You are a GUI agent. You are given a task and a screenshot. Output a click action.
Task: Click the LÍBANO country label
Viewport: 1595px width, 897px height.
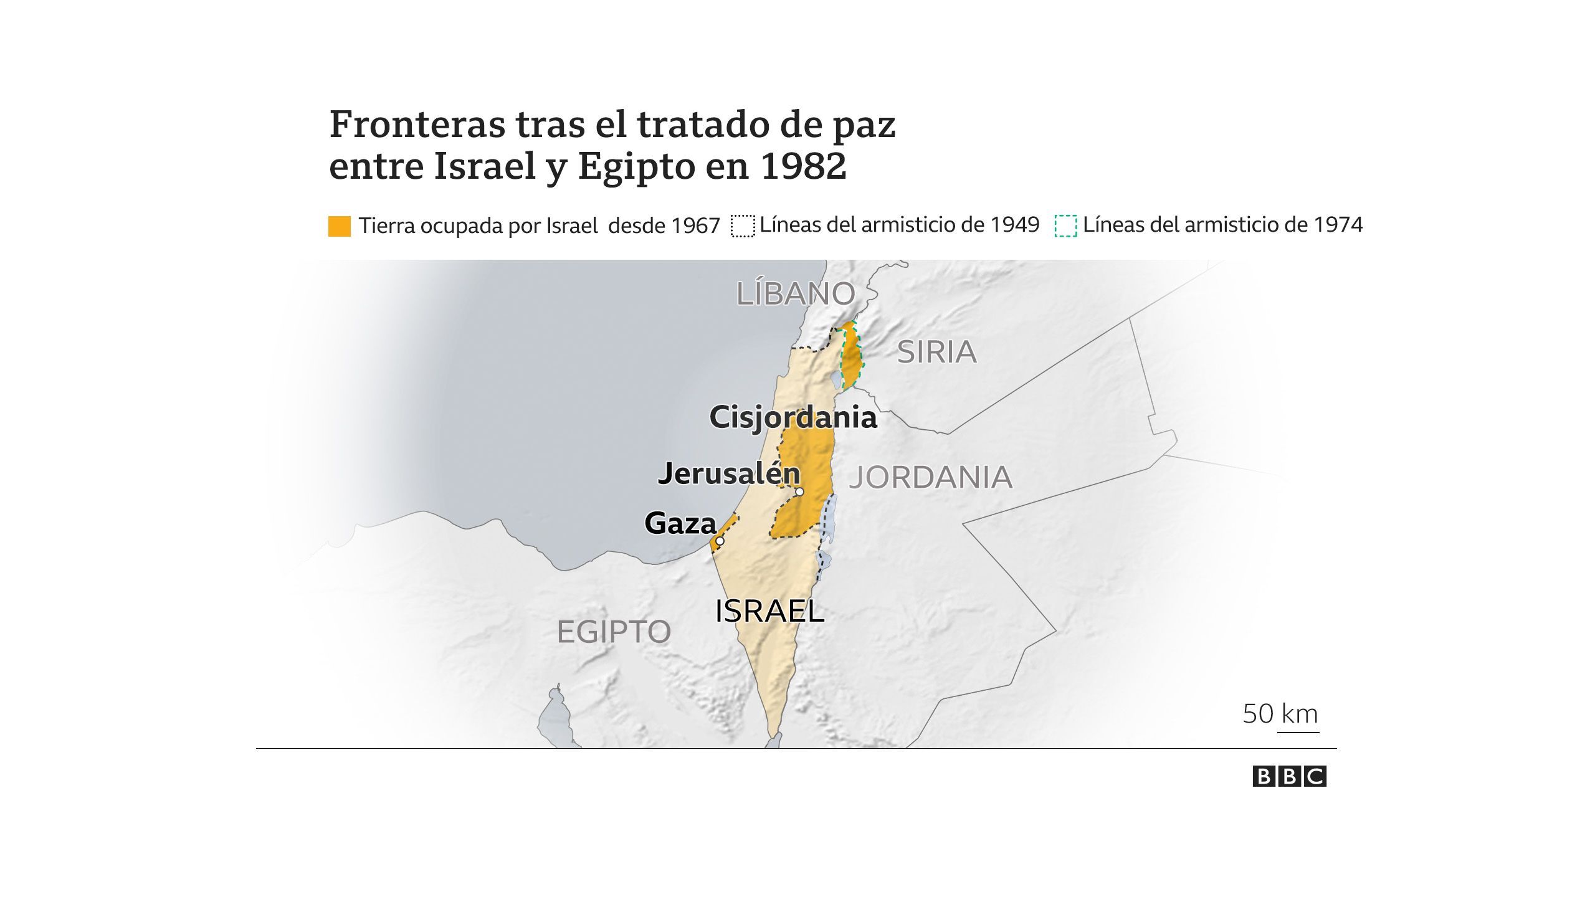(796, 293)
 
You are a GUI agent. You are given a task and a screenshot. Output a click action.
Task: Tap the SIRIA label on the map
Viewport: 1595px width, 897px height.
(936, 353)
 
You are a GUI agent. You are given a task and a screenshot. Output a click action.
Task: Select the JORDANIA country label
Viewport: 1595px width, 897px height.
(931, 478)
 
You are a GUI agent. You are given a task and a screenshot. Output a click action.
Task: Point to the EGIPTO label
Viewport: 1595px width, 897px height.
(614, 632)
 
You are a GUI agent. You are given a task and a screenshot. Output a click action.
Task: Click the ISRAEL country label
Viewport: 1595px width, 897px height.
(769, 611)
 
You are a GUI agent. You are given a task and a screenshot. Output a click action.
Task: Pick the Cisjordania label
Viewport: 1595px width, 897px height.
(793, 417)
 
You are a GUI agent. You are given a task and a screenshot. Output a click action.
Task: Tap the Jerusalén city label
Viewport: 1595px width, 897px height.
(729, 474)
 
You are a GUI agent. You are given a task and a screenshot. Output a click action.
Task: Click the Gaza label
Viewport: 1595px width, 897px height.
(680, 523)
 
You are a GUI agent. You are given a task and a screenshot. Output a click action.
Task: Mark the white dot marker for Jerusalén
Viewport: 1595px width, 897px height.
(799, 492)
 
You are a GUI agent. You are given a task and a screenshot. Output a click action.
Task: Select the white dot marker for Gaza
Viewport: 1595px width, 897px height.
(720, 541)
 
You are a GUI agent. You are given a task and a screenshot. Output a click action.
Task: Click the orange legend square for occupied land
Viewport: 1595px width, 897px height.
(340, 226)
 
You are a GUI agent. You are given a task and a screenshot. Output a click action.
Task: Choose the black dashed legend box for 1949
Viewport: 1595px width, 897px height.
(743, 226)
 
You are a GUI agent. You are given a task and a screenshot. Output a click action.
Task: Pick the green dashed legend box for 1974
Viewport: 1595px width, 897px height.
(1065, 226)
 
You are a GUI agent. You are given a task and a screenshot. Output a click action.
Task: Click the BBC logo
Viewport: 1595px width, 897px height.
(1289, 777)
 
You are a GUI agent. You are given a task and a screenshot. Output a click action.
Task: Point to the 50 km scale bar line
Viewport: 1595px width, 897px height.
(1298, 733)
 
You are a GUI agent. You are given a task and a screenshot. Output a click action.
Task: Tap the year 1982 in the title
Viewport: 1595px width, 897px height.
(804, 166)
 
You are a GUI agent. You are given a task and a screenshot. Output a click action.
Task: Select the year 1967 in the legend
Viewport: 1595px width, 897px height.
(695, 225)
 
